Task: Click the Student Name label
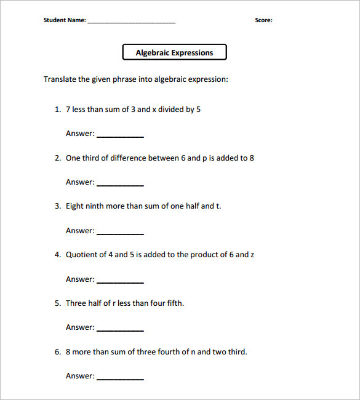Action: click(65, 20)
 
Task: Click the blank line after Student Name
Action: click(131, 22)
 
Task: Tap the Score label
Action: click(263, 20)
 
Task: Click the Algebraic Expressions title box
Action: click(175, 52)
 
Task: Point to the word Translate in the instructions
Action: click(59, 79)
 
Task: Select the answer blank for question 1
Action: click(120, 135)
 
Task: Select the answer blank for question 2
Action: click(120, 184)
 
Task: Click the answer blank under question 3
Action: click(120, 233)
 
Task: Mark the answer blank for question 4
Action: click(120, 281)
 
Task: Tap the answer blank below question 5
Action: click(120, 329)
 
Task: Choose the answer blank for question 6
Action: click(120, 378)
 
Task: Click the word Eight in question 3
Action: click(75, 206)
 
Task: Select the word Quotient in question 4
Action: click(82, 255)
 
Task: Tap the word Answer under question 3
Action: click(80, 231)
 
